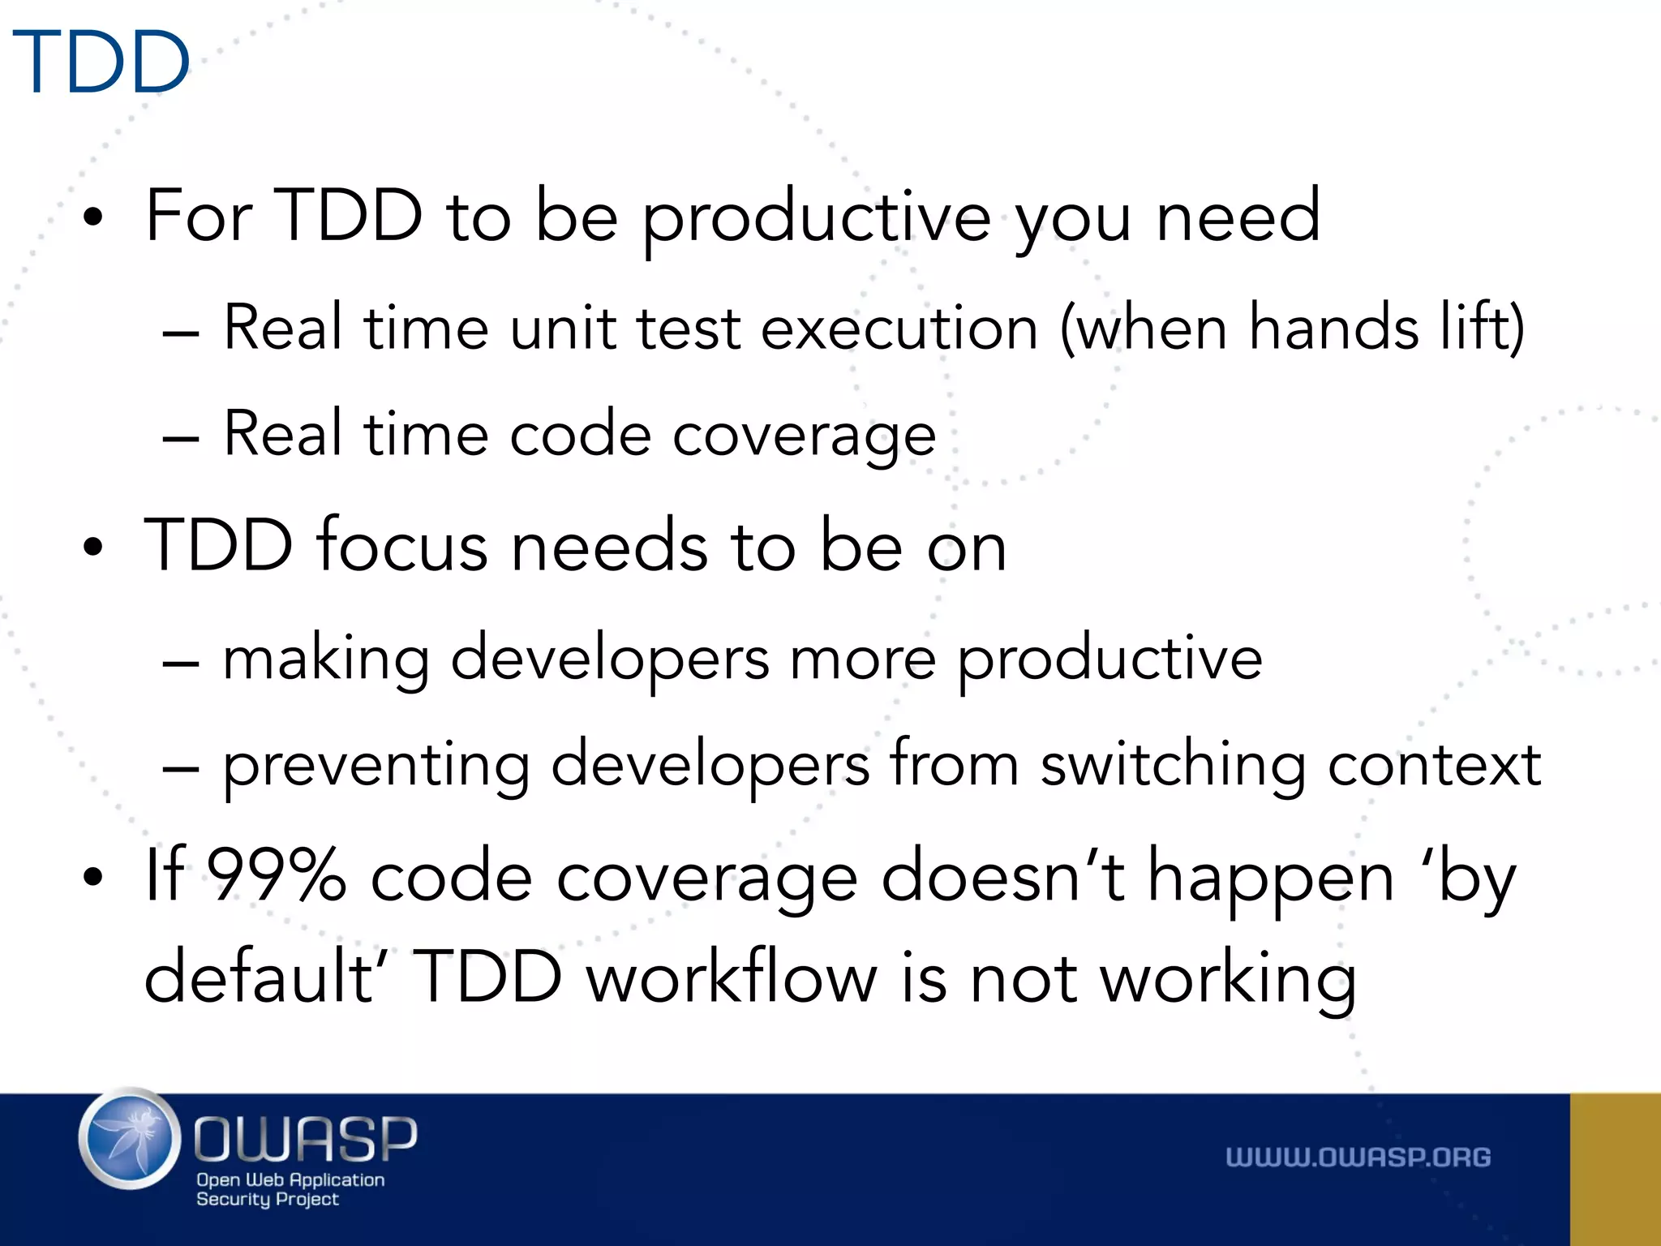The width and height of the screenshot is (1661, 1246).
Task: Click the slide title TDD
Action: point(101,62)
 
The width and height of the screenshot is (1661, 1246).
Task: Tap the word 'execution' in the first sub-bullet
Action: point(899,328)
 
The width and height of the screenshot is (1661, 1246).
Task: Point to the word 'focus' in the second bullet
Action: point(402,546)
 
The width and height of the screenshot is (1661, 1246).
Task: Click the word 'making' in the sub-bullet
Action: point(325,659)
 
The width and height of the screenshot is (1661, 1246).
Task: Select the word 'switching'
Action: point(1173,765)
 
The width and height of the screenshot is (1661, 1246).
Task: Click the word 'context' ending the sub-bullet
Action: point(1433,765)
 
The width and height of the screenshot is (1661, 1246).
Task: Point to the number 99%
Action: point(276,876)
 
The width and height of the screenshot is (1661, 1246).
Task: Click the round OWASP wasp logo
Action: point(130,1139)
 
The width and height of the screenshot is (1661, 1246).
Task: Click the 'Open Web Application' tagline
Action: point(290,1180)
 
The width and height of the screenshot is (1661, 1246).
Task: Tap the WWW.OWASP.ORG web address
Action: point(1358,1158)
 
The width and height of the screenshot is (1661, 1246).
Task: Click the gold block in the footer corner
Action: point(1615,1169)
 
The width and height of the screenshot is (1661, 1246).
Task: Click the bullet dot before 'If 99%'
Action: point(93,877)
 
